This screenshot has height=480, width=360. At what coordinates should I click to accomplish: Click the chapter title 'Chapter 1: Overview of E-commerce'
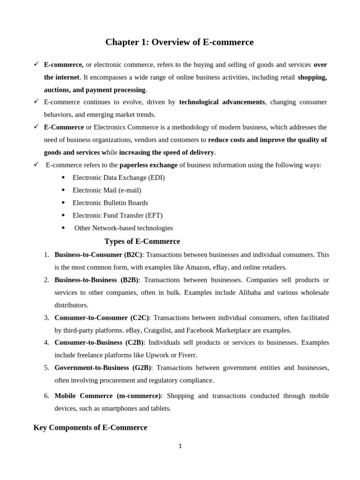pos(180,42)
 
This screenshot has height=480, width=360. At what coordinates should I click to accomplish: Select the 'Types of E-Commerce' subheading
pos(142,241)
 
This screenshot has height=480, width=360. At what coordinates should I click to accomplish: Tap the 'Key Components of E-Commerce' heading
pos(90,427)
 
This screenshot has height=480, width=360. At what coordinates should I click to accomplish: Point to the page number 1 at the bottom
pos(180,446)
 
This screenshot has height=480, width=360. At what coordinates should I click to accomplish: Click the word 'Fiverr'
pos(187,355)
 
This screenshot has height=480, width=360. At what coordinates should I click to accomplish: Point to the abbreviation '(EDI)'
pos(156,178)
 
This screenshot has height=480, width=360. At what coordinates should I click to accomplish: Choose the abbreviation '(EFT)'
pos(154,215)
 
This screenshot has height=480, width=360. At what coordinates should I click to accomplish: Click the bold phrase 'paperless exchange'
pos(149,165)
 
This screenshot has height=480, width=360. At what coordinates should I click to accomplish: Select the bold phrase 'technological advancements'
pos(222,102)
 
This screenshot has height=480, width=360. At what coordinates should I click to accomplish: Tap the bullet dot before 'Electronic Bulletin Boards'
pos(63,203)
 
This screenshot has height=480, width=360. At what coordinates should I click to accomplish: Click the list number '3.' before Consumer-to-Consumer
pos(46,317)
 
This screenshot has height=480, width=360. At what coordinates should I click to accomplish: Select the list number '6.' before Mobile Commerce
pos(46,396)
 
